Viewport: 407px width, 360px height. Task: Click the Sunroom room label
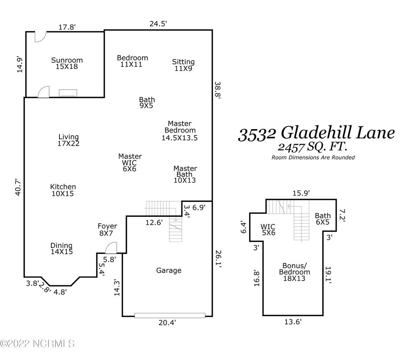pyautogui.click(x=67, y=63)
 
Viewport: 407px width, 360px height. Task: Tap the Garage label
pyautogui.click(x=169, y=270)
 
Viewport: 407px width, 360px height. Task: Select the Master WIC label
pyautogui.click(x=130, y=162)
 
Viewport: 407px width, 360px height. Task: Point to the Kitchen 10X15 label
pyautogui.click(x=63, y=190)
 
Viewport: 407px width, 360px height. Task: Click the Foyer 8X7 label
pyautogui.click(x=107, y=230)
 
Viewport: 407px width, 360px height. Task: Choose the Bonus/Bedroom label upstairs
pyautogui.click(x=295, y=272)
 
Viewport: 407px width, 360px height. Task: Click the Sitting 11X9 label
pyautogui.click(x=183, y=65)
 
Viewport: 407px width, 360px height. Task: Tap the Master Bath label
pyautogui.click(x=185, y=174)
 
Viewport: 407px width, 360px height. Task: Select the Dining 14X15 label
pyautogui.click(x=62, y=249)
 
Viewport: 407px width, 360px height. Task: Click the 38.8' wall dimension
pyautogui.click(x=218, y=91)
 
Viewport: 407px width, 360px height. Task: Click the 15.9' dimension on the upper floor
pyautogui.click(x=301, y=193)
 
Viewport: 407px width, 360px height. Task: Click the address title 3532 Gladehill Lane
pyautogui.click(x=316, y=134)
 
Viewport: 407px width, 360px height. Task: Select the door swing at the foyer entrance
pyautogui.click(x=111, y=248)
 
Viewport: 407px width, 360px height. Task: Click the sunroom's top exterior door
pyautogui.click(x=40, y=37)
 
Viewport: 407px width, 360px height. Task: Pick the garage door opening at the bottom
pyautogui.click(x=169, y=316)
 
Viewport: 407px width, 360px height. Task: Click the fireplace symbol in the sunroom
pyautogui.click(x=68, y=93)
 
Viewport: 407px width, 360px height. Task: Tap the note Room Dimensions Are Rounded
pyautogui.click(x=313, y=157)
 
